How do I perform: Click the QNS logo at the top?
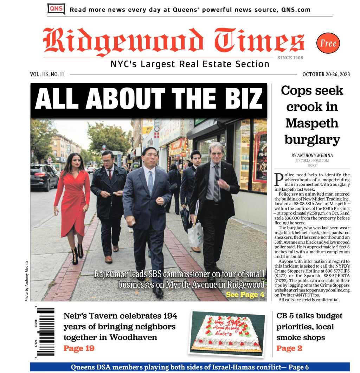[x=56, y=9]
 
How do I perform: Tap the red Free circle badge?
[x=328, y=43]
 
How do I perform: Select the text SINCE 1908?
[x=290, y=58]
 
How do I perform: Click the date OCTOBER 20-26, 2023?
[x=326, y=74]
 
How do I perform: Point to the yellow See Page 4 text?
[x=245, y=295]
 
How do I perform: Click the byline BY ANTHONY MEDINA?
[x=312, y=156]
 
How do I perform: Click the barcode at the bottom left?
[x=45, y=332]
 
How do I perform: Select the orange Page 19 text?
[x=79, y=348]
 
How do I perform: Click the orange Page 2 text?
[x=289, y=348]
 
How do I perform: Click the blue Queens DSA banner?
[x=189, y=367]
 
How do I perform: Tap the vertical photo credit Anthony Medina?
[x=26, y=281]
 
